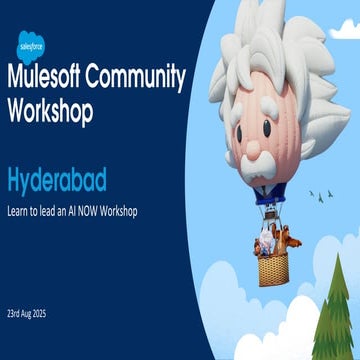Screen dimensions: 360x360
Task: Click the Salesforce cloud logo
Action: [x=29, y=43]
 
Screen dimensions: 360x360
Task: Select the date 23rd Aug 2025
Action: [x=32, y=313]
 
